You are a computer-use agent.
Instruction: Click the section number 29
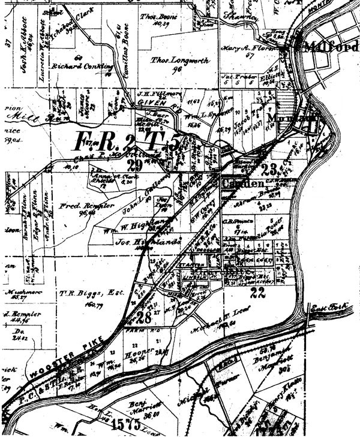[135, 165]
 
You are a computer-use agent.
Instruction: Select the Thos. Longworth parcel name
[175, 60]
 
